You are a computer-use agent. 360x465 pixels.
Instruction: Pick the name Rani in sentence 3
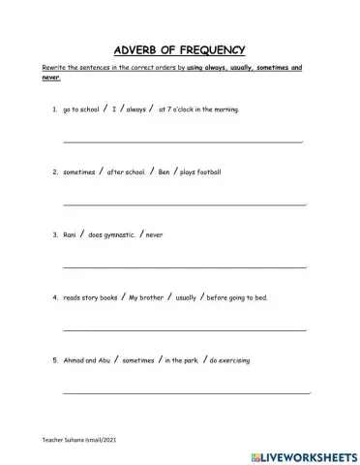tap(70, 234)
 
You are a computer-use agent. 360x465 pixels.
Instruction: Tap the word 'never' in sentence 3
tap(154, 234)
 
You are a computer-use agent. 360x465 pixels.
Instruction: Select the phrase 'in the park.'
tap(181, 360)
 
